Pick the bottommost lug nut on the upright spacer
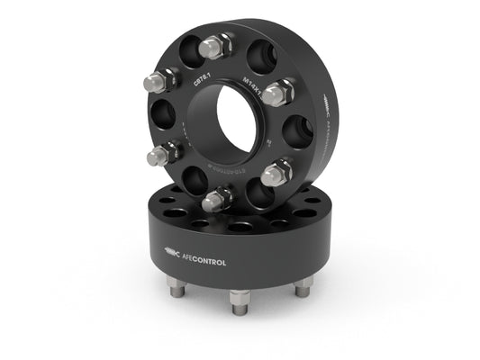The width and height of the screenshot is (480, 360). pyautogui.click(x=214, y=197)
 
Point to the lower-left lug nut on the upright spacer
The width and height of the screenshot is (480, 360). pyautogui.click(x=158, y=154)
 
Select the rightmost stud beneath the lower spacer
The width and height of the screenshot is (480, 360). pyautogui.click(x=304, y=284)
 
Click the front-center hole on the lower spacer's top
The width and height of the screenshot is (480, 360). pyautogui.click(x=240, y=226)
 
